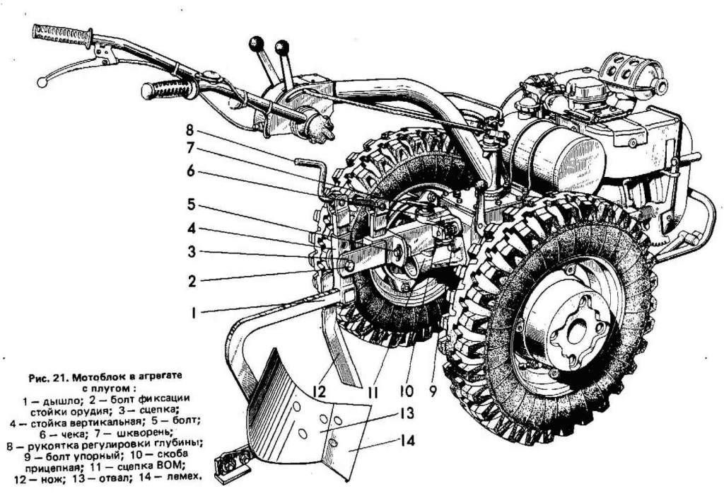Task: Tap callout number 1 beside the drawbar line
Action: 192,312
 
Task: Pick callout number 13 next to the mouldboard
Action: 406,415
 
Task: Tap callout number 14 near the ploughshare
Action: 406,441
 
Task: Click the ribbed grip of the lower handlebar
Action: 168,89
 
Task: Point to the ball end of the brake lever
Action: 42,83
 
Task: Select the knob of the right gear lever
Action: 282,47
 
